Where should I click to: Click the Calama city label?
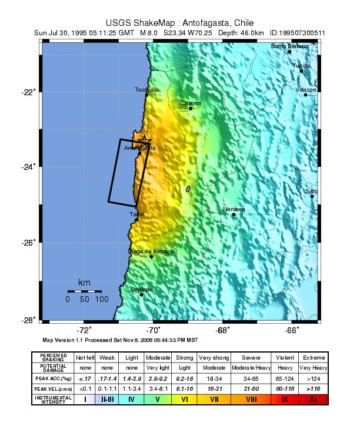pos(191,103)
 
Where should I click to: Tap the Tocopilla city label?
pos(146,90)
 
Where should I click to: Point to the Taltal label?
pos(136,214)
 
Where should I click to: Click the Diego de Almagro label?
pos(151,251)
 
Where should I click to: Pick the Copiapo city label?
pos(141,290)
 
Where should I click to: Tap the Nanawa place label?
pos(234,209)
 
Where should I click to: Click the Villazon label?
pos(306,89)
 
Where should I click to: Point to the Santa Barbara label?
pos(289,46)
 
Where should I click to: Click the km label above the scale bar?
pos(84,283)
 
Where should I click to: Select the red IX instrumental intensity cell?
pos(285,399)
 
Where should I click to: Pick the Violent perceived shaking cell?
pos(285,357)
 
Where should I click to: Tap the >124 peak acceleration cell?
pos(313,378)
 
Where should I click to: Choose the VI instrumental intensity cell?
pos(184,399)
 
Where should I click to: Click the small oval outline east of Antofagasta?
pos(188,189)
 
